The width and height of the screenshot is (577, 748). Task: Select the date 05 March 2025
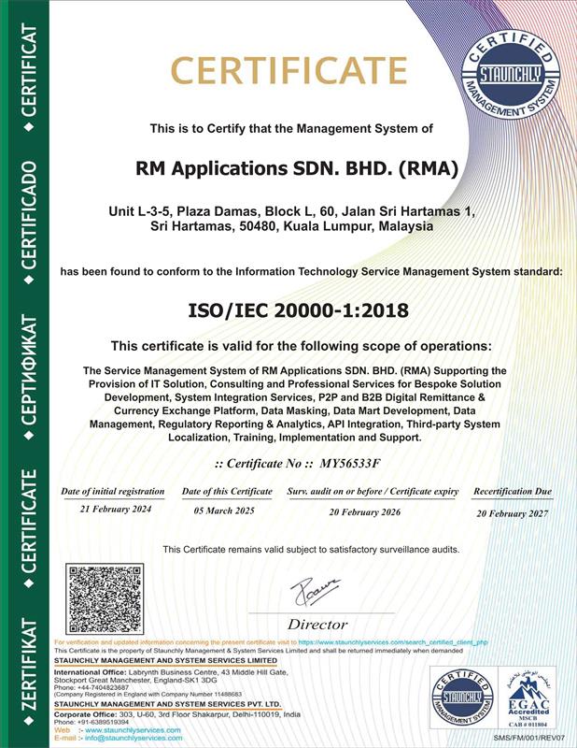pyautogui.click(x=226, y=513)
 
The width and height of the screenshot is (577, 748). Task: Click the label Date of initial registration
pyautogui.click(x=113, y=491)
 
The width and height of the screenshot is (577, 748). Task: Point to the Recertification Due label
pyautogui.click(x=513, y=491)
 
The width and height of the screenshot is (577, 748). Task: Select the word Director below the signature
pyautogui.click(x=317, y=624)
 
